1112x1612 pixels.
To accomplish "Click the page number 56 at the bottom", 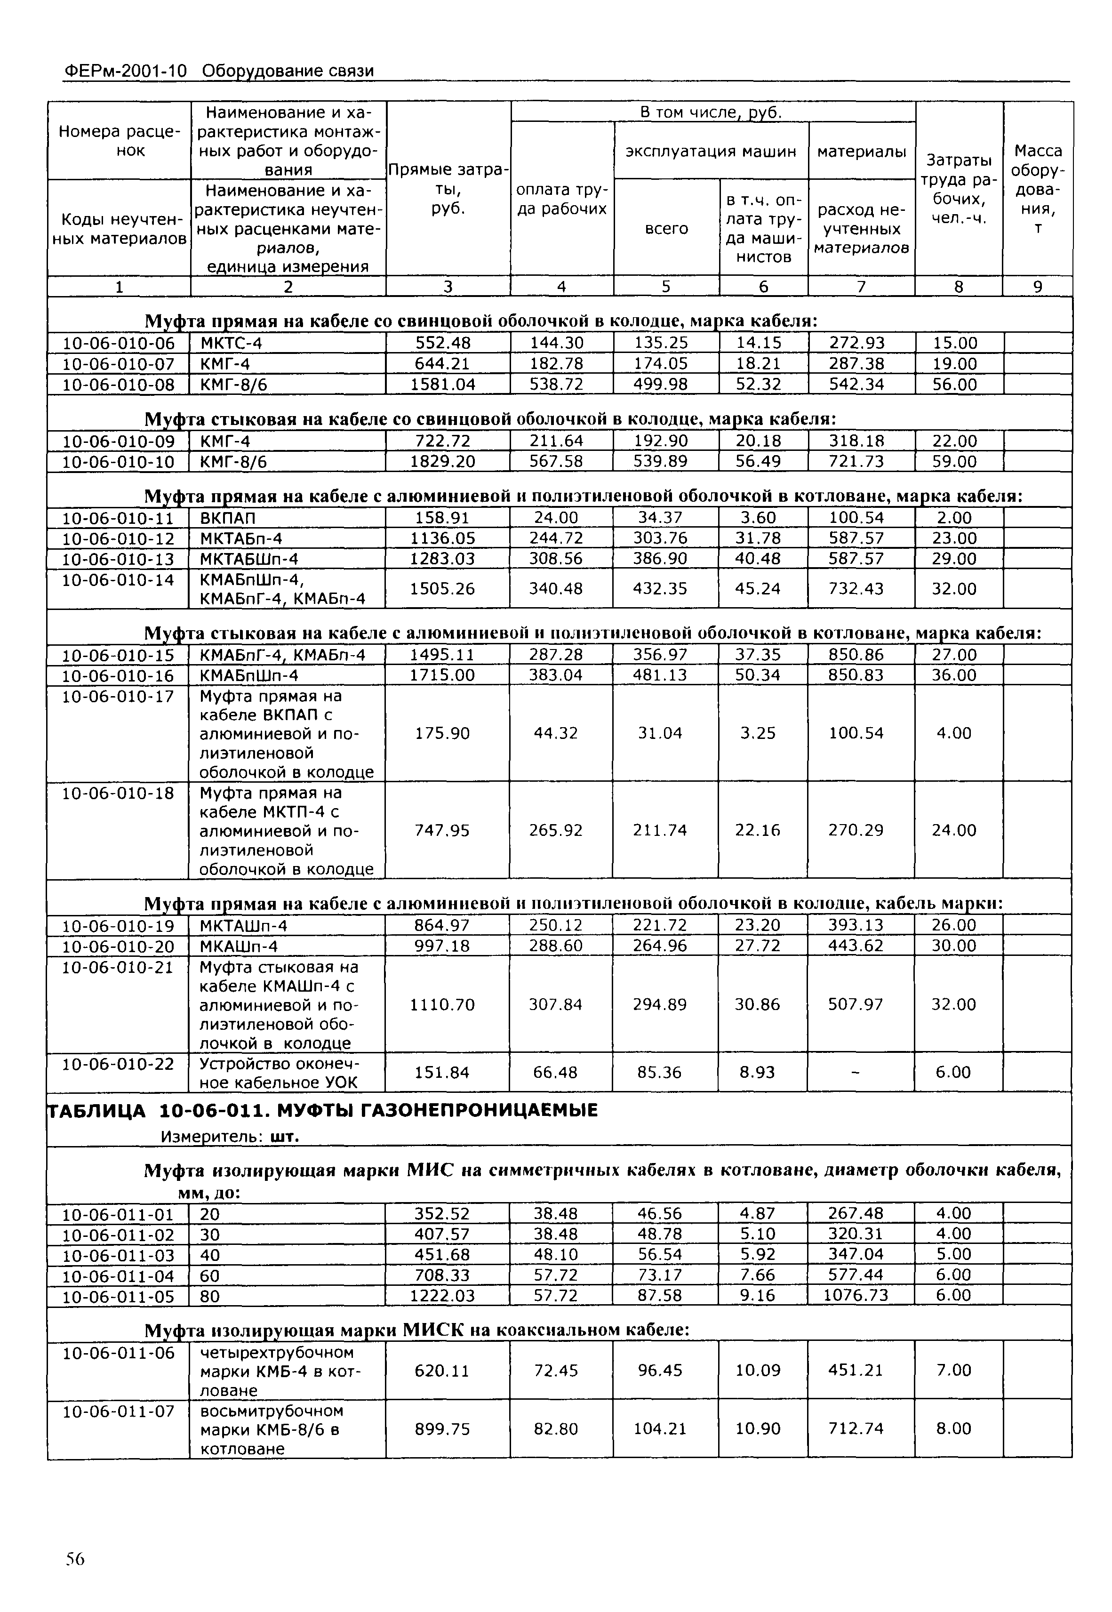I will (x=74, y=1559).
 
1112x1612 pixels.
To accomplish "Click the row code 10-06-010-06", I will (x=119, y=344).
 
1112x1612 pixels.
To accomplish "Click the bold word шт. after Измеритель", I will (x=284, y=1137).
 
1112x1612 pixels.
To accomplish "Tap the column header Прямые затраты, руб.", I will (x=448, y=189).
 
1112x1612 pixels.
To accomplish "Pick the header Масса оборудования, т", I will (x=1038, y=189).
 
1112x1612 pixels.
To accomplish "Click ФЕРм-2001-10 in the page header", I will (x=126, y=71).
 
